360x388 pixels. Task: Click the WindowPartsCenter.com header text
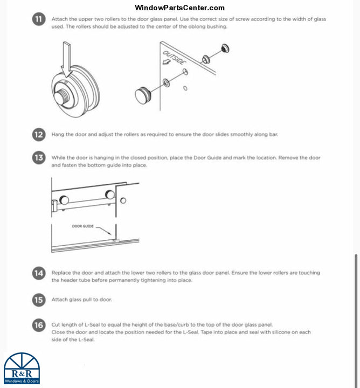pyautogui.click(x=179, y=8)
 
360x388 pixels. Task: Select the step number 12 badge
pyautogui.click(x=39, y=134)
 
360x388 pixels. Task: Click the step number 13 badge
pyautogui.click(x=39, y=158)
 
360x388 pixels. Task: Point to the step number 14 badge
pyautogui.click(x=39, y=273)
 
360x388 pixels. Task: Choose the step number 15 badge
pyautogui.click(x=39, y=300)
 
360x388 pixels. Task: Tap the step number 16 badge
pyautogui.click(x=39, y=325)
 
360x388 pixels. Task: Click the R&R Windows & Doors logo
pyautogui.click(x=22, y=369)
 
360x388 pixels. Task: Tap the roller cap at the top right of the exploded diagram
pyautogui.click(x=225, y=49)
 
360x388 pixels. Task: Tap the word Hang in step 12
pyautogui.click(x=58, y=134)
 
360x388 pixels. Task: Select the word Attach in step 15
pyautogui.click(x=59, y=300)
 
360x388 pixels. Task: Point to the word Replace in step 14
pyautogui.click(x=61, y=273)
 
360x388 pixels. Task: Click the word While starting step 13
pyautogui.click(x=59, y=158)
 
